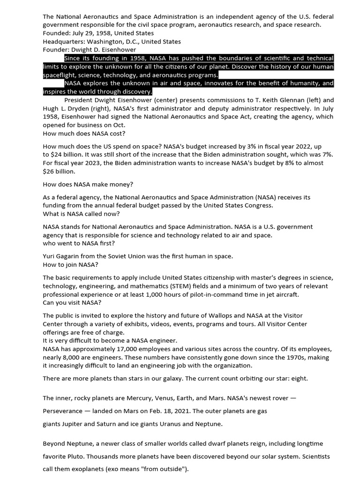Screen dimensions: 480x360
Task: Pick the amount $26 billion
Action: point(59,172)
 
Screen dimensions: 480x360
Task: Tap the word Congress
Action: point(258,205)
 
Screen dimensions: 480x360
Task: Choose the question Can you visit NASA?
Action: point(72,302)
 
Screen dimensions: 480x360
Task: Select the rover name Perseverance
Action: point(64,411)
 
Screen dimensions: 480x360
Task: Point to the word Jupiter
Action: point(78,424)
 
